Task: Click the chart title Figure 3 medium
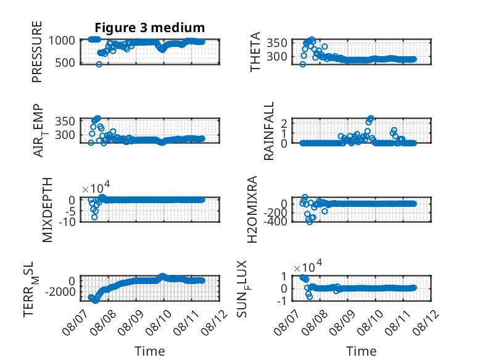click(150, 28)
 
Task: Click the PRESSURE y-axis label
click(37, 52)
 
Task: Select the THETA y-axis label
click(255, 52)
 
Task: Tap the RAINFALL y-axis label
click(268, 131)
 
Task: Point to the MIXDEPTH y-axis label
click(48, 210)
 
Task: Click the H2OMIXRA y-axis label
click(252, 209)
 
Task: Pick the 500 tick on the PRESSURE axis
click(65, 63)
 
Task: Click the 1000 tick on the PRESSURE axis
click(62, 40)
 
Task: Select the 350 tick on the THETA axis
click(277, 43)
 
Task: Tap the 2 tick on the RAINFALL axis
click(284, 123)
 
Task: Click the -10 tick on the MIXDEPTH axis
click(67, 222)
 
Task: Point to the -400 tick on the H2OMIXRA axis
click(275, 221)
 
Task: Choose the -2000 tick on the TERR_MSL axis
click(60, 291)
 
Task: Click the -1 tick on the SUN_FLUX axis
click(282, 301)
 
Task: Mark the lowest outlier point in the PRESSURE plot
click(99, 64)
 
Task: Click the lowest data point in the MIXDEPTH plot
click(94, 217)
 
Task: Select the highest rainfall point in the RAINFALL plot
click(371, 118)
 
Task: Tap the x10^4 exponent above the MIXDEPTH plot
click(96, 187)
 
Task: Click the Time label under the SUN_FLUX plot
click(361, 351)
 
